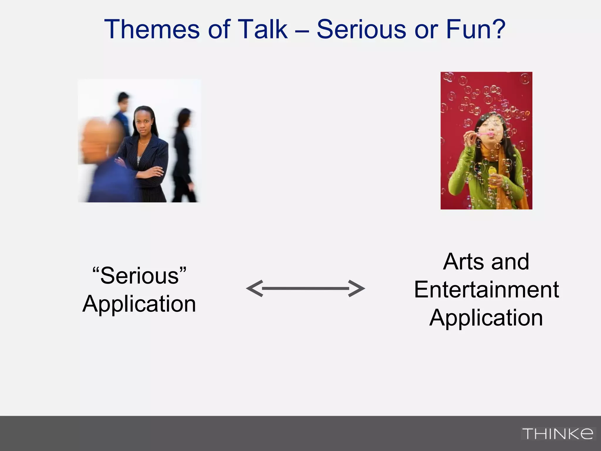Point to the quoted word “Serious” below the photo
click(x=139, y=275)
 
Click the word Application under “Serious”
click(x=139, y=304)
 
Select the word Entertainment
click(x=486, y=290)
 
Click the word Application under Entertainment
click(x=486, y=318)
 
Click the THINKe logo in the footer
click(x=558, y=434)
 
